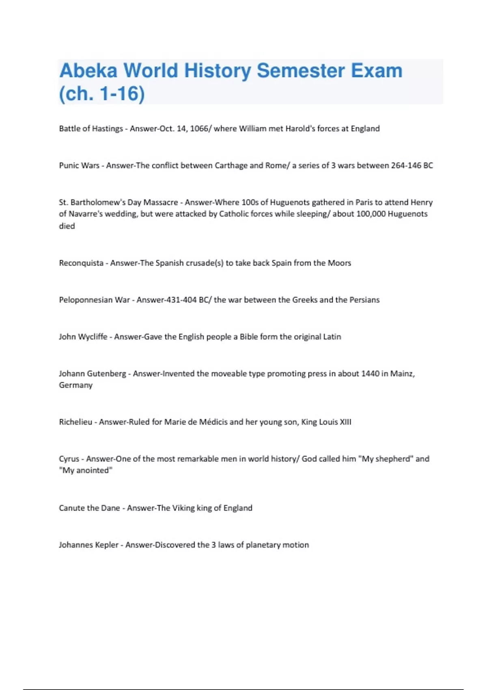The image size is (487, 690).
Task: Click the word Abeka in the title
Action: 88,71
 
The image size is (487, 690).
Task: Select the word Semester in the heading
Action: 300,71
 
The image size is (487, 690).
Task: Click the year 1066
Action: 199,129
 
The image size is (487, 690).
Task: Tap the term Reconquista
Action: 81,263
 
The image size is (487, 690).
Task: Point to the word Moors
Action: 339,263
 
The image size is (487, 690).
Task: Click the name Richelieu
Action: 75,422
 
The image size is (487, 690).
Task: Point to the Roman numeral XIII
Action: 345,422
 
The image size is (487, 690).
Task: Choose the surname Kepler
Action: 106,545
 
